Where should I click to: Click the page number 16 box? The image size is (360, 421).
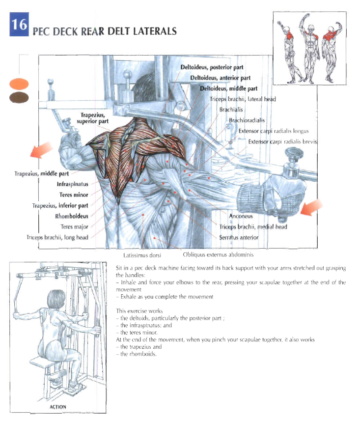pyautogui.click(x=20, y=25)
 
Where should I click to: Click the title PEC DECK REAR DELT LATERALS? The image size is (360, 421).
pyautogui.click(x=105, y=32)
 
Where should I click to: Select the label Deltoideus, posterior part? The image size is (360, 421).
pyautogui.click(x=212, y=67)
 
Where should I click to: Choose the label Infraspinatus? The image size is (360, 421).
pyautogui.click(x=72, y=185)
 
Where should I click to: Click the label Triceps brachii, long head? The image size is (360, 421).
pyautogui.click(x=57, y=237)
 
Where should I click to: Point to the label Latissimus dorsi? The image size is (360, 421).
pyautogui.click(x=142, y=255)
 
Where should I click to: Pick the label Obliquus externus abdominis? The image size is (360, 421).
pyautogui.click(x=218, y=255)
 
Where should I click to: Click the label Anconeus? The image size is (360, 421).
pyautogui.click(x=241, y=216)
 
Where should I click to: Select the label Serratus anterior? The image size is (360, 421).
pyautogui.click(x=239, y=237)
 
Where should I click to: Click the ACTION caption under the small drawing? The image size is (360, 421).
pyautogui.click(x=57, y=407)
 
